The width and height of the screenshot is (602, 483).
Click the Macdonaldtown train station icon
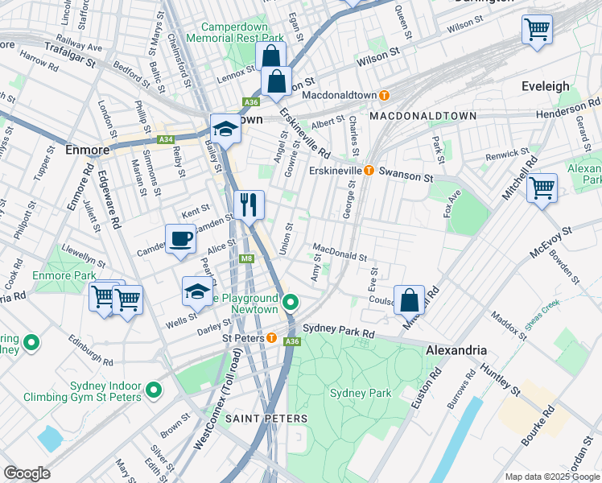click(384, 95)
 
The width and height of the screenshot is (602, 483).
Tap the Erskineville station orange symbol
click(369, 170)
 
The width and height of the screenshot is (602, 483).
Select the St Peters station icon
click(274, 338)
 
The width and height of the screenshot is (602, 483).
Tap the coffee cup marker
click(180, 238)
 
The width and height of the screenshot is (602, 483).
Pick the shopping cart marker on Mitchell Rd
click(542, 188)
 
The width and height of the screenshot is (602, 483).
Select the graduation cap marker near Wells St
click(197, 292)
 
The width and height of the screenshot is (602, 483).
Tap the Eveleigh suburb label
click(545, 86)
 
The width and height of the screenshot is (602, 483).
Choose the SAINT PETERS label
click(266, 419)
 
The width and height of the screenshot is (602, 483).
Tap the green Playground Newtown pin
click(291, 303)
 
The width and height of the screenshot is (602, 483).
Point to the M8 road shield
click(248, 258)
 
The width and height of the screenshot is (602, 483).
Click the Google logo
click(27, 473)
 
